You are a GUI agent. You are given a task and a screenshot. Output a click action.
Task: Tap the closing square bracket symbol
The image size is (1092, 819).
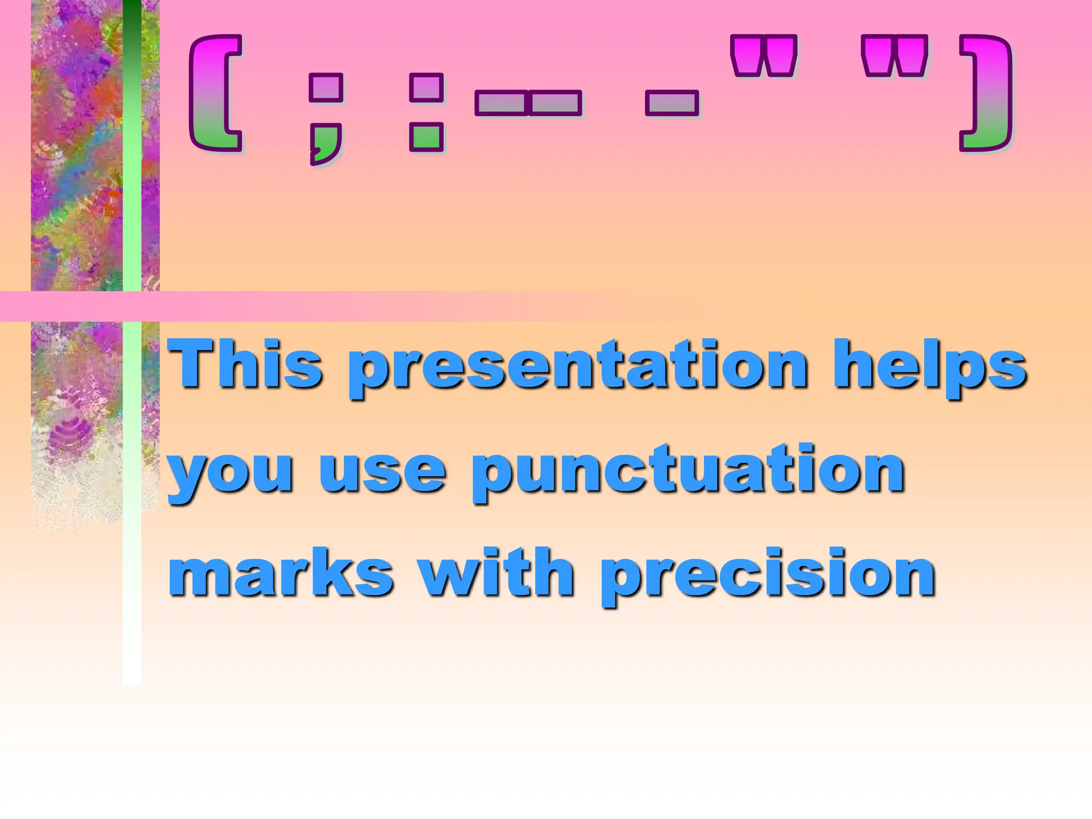coord(986,93)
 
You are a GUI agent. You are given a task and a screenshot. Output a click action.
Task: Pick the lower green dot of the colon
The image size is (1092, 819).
coord(426,137)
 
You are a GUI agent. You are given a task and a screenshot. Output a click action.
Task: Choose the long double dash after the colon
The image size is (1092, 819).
coord(528,103)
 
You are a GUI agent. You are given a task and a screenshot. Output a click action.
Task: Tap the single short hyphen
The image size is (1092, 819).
coord(672,103)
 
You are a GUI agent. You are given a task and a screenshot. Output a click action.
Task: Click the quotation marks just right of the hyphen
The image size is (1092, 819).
coord(764,56)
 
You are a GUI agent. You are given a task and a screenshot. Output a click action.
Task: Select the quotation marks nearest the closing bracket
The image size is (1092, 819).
coord(895,56)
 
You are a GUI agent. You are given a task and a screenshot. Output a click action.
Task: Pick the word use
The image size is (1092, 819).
coord(382,472)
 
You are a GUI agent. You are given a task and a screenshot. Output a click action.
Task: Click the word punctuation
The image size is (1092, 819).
coord(688,472)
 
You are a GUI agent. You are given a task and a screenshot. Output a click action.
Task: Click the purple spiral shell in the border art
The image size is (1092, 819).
coord(69,435)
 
